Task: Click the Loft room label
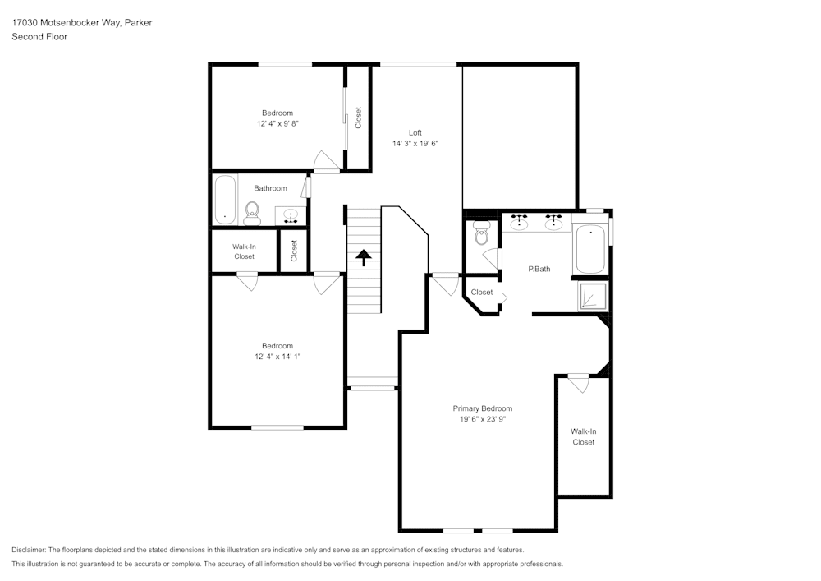coord(415,132)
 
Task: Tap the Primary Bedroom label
coord(483,408)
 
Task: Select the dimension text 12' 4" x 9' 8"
coord(277,123)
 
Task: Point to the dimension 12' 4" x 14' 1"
coord(277,357)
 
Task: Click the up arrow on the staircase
coord(363,258)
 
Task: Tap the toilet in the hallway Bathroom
coord(252,214)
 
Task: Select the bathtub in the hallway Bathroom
coord(225,200)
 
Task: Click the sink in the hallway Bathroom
coord(290,215)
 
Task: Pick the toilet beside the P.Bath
coord(482,235)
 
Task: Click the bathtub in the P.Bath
coord(590,250)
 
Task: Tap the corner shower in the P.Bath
coord(594,297)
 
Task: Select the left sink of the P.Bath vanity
coord(519,221)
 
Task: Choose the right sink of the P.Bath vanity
coord(553,221)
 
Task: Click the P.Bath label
coord(539,269)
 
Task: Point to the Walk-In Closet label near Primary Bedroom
coord(583,436)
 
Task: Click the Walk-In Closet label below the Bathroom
coord(244,251)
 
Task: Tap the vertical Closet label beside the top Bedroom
coord(358,118)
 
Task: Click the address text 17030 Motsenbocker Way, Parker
coord(81,23)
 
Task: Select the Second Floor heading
coord(39,37)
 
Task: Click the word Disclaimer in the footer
coord(29,550)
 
